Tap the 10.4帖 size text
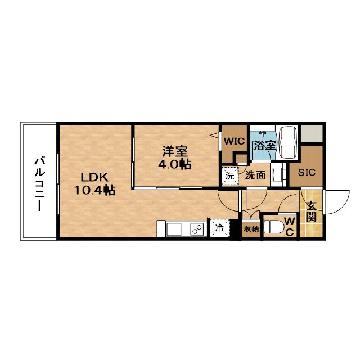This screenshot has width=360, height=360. (x=94, y=190)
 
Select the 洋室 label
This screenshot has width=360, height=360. (x=175, y=151)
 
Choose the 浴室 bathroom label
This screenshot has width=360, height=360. (x=264, y=145)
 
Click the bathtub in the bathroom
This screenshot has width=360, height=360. (x=289, y=144)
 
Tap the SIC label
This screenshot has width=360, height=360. (x=307, y=173)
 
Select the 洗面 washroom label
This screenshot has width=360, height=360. (x=255, y=175)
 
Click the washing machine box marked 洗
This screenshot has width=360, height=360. (x=229, y=175)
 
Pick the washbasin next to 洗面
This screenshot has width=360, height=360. (x=278, y=174)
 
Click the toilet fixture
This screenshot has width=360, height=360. (x=274, y=227)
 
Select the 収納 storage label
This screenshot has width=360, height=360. (x=251, y=228)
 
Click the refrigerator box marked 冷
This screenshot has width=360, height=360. (x=219, y=228)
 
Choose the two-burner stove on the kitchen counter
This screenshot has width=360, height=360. (x=197, y=229)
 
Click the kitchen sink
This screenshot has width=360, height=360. (x=174, y=229)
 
